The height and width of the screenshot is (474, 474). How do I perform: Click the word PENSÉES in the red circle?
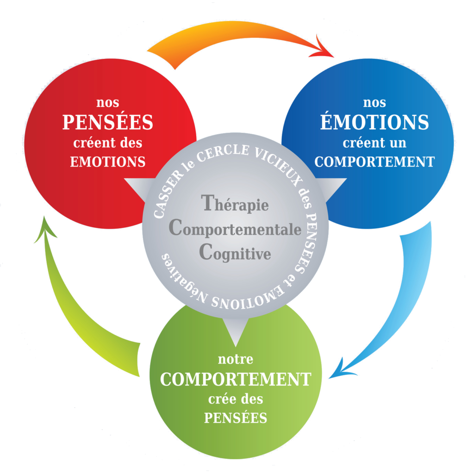[x=107, y=122]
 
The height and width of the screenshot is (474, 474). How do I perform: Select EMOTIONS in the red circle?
[x=107, y=162]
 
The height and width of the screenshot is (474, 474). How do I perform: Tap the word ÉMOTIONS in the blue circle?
[x=374, y=122]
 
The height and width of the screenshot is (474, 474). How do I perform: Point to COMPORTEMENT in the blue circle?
[x=377, y=162]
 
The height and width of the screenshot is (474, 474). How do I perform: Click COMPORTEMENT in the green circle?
[x=235, y=379]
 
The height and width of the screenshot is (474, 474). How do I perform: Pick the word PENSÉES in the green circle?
[x=236, y=418]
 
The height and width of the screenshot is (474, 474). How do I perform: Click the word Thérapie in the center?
[x=235, y=204]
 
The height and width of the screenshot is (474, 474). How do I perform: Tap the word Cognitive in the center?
[x=235, y=253]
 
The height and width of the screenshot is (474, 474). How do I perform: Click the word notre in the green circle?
[x=235, y=359]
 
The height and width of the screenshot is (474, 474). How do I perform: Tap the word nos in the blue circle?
[x=374, y=102]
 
